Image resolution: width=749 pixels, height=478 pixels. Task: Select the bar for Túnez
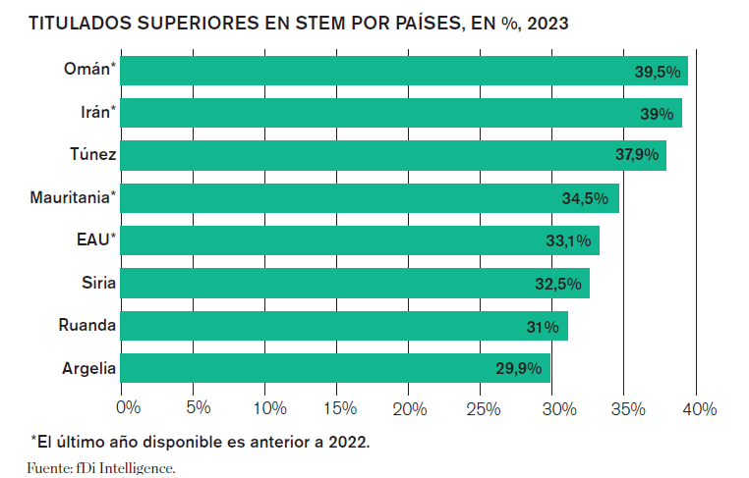point(393,155)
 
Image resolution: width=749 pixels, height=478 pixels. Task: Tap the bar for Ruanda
point(344,326)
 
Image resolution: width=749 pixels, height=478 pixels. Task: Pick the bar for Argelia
point(335,368)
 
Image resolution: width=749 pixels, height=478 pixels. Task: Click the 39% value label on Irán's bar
point(657,114)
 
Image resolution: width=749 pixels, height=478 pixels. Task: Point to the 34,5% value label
point(585,198)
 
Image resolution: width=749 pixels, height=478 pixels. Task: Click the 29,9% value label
point(519,369)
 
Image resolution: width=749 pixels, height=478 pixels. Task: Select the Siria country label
point(100,284)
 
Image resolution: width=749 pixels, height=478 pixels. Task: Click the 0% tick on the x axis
point(129,407)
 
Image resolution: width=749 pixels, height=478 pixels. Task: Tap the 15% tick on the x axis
point(339,407)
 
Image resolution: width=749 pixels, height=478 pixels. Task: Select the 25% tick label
point(483,407)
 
